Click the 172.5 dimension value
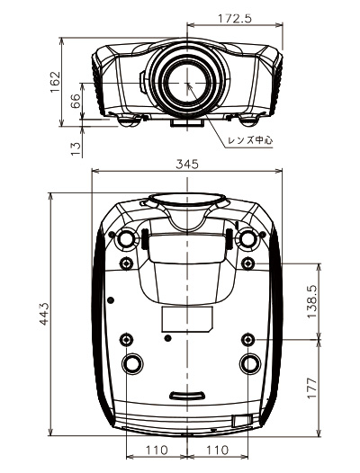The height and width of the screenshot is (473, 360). coord(234,19)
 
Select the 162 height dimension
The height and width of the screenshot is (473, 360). coord(55,82)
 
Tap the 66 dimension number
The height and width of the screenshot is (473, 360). coord(76,101)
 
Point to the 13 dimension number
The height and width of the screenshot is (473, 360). coord(76,148)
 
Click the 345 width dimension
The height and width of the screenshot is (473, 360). coord(187,164)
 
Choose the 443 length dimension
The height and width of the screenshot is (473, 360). coord(45,314)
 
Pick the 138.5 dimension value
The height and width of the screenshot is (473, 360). coord(312,301)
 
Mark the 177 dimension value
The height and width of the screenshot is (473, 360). coord(312,388)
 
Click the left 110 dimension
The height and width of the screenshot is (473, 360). coord(157,451)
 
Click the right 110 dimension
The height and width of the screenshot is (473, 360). coord(217,451)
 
